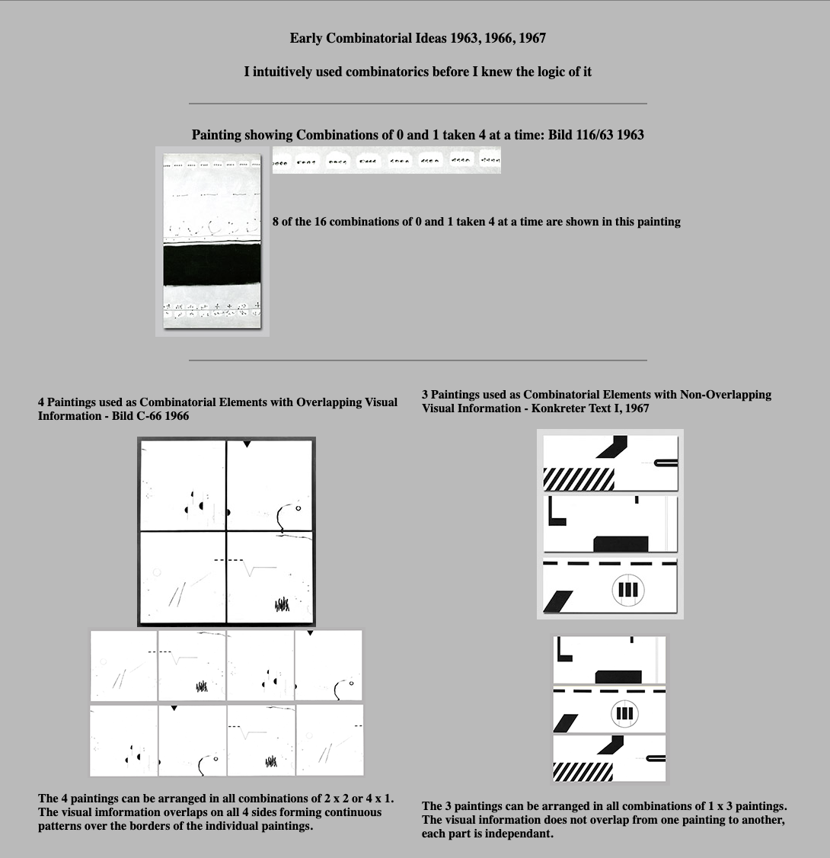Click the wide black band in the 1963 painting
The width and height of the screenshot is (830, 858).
tap(212, 265)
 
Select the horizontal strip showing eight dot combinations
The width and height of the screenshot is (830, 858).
tap(386, 161)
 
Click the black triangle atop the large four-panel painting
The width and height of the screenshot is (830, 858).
tap(247, 443)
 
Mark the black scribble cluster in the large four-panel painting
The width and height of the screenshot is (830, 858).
tap(282, 606)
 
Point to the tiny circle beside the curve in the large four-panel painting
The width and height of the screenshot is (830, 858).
tap(298, 508)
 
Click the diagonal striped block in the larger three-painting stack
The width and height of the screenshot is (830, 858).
tap(579, 479)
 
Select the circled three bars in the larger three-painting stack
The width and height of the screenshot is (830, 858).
tap(628, 590)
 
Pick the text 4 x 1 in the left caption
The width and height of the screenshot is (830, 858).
tap(377, 799)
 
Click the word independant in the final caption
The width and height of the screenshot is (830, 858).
tap(515, 834)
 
